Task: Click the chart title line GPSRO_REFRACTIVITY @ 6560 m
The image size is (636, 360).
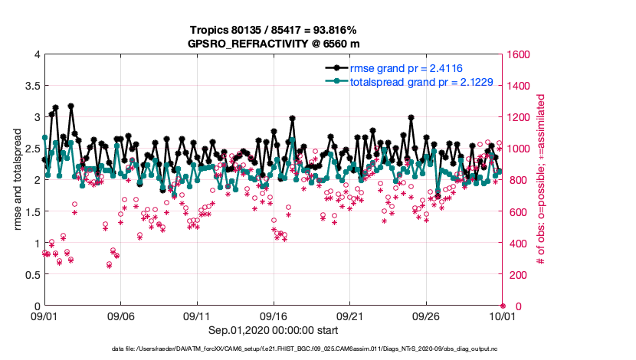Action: [274, 44]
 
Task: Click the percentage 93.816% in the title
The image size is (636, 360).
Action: [332, 31]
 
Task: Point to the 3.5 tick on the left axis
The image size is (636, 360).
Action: [31, 86]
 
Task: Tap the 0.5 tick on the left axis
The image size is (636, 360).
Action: [31, 274]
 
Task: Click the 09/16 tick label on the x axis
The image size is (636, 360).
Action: [274, 316]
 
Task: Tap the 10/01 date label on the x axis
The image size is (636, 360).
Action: [503, 316]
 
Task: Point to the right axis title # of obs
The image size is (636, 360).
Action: [541, 180]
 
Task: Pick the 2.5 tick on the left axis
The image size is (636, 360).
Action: [31, 149]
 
